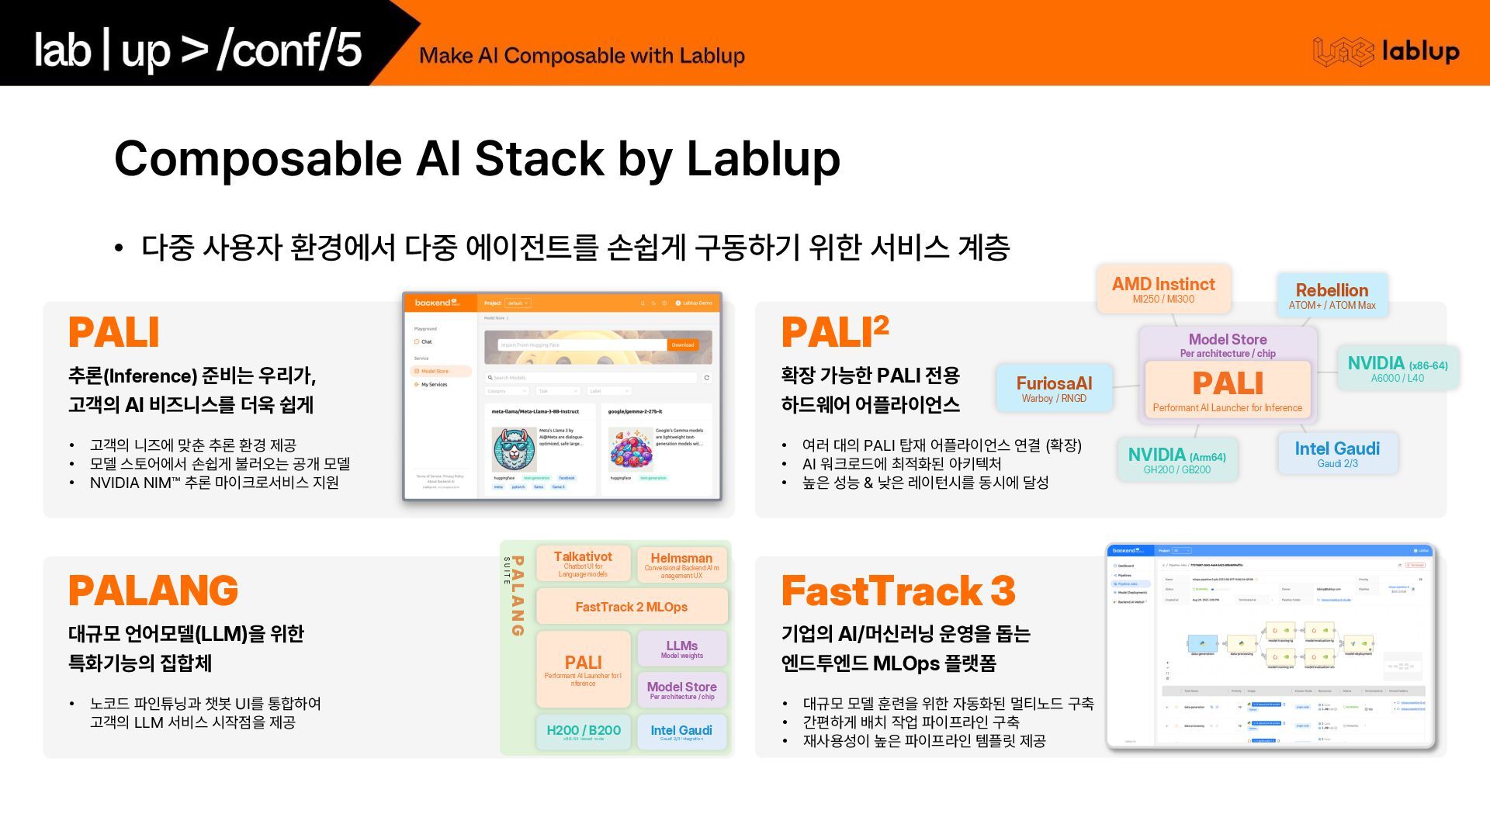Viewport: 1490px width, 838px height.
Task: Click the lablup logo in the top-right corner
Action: pyautogui.click(x=1386, y=51)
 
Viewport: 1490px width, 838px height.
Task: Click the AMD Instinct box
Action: pyautogui.click(x=1163, y=289)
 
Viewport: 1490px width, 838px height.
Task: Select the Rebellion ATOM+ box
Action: pyautogui.click(x=1332, y=295)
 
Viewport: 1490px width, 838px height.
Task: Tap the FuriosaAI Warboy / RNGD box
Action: pyautogui.click(x=1054, y=389)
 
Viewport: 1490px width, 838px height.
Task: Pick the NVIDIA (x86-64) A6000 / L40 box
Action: pyautogui.click(x=1397, y=369)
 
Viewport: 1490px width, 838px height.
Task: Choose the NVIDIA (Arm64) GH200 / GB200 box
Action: pyautogui.click(x=1176, y=459)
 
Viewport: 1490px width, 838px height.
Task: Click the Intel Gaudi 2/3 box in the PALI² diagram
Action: pyautogui.click(x=1337, y=454)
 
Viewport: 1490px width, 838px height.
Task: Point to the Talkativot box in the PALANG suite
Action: pyautogui.click(x=583, y=563)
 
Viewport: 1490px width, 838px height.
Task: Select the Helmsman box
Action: pyautogui.click(x=681, y=564)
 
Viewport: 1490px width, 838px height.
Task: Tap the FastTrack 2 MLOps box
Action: pyautogui.click(x=632, y=607)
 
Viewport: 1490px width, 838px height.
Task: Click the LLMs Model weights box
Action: pyautogui.click(x=681, y=649)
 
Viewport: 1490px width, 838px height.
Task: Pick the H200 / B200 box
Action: pyautogui.click(x=584, y=732)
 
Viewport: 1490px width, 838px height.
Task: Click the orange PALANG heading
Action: pyautogui.click(x=154, y=590)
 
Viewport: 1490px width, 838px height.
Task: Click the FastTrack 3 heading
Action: pyautogui.click(x=898, y=590)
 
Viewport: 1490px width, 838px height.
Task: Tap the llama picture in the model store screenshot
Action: pyautogui.click(x=513, y=448)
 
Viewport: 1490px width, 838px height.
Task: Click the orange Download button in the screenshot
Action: pyautogui.click(x=683, y=345)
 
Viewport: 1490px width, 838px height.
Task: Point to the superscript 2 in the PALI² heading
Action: pyautogui.click(x=881, y=324)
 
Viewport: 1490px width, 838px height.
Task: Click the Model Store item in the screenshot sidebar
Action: pyautogui.click(x=435, y=372)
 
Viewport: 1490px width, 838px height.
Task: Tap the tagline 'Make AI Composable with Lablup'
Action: pyautogui.click(x=581, y=56)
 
